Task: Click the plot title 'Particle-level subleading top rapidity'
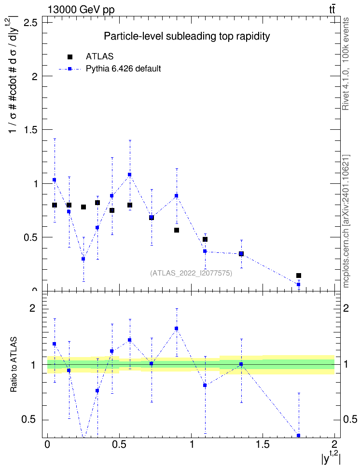(x=187, y=37)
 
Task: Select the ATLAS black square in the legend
(x=70, y=57)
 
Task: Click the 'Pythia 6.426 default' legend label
(x=123, y=69)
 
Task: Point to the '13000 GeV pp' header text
(x=81, y=10)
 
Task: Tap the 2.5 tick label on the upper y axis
(x=30, y=22)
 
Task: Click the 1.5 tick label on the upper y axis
(x=30, y=130)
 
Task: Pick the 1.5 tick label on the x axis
(x=263, y=444)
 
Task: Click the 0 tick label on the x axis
(x=47, y=444)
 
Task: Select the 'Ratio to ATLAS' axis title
(x=14, y=365)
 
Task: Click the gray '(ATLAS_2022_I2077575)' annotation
(x=191, y=273)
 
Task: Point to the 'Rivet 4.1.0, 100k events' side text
(x=346, y=64)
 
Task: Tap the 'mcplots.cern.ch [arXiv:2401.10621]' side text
(x=346, y=221)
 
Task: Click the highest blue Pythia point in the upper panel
(x=130, y=174)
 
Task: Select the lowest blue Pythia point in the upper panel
(x=298, y=285)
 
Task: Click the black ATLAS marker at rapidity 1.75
(x=298, y=276)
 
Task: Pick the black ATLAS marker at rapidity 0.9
(x=177, y=230)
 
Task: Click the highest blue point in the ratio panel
(x=177, y=328)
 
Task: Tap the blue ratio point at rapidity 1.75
(x=298, y=435)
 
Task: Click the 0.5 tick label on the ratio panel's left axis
(x=29, y=420)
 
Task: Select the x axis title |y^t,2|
(x=331, y=458)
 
